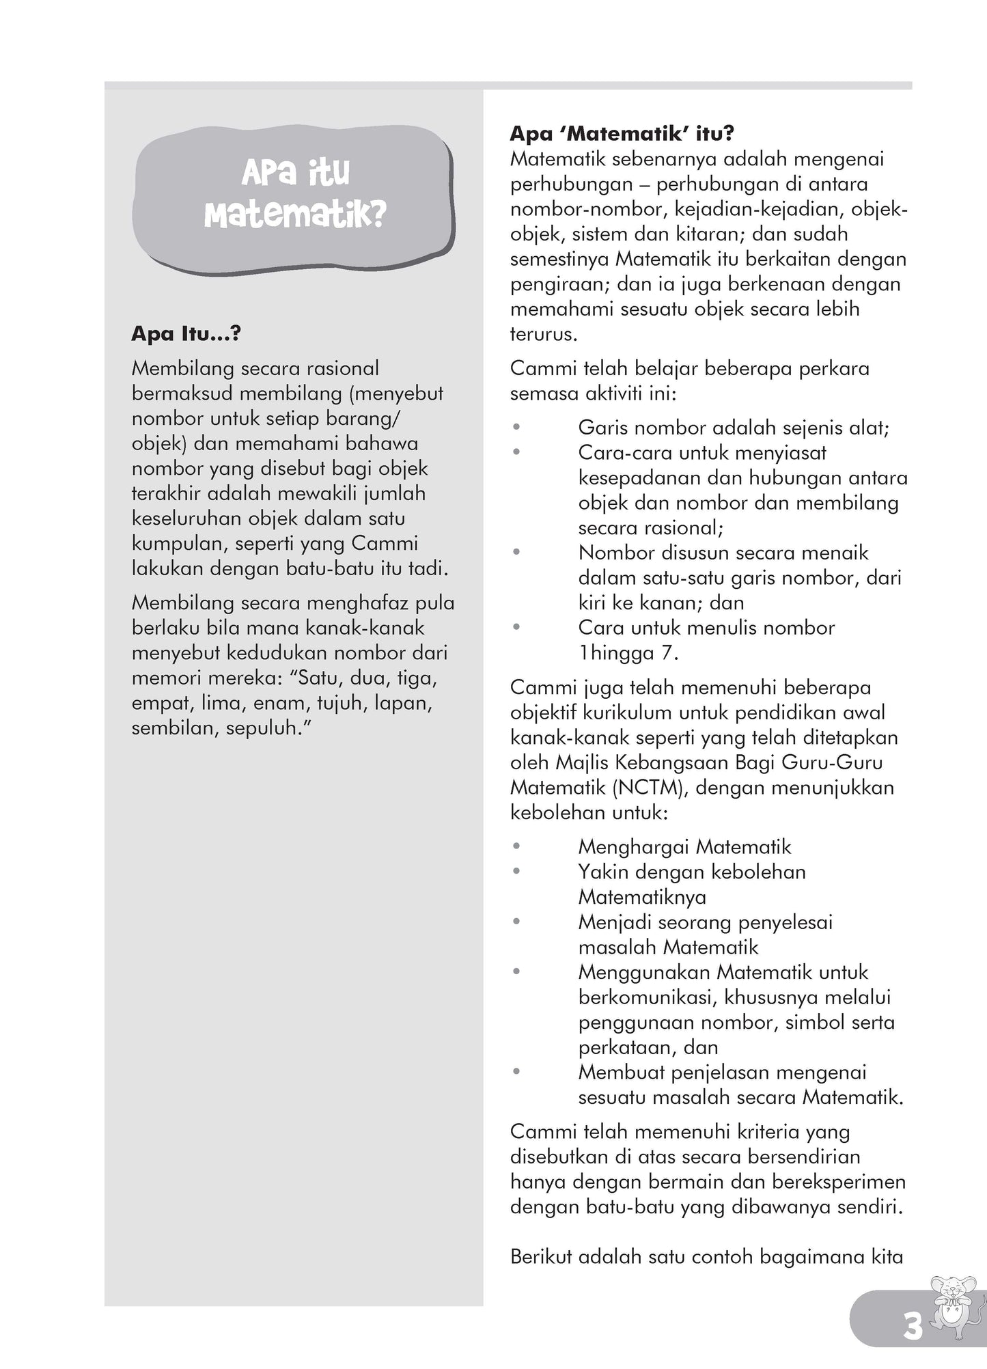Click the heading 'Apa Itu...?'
[186, 334]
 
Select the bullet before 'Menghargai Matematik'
[517, 847]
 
